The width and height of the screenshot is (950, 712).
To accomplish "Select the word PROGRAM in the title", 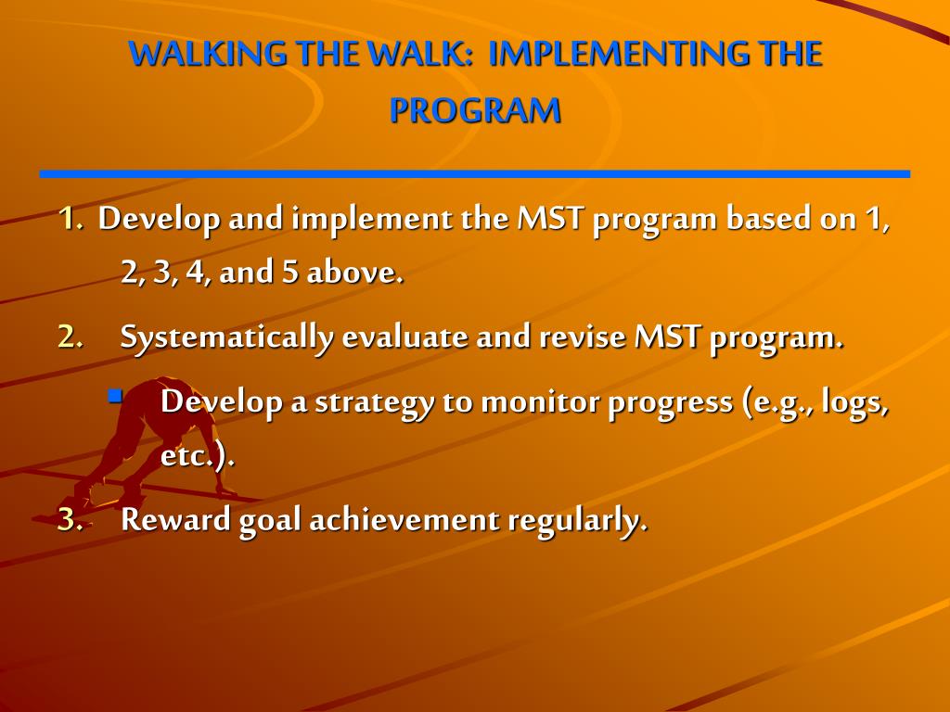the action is (x=475, y=111).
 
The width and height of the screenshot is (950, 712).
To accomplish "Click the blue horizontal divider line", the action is (x=475, y=174).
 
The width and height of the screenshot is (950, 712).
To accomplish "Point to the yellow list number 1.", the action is (x=71, y=219).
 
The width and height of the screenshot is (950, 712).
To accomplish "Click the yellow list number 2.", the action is (x=71, y=337).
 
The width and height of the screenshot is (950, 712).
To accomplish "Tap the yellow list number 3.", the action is (x=71, y=520).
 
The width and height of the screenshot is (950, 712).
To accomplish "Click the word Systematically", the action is (x=226, y=338).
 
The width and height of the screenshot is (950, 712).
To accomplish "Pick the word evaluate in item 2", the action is (x=404, y=337).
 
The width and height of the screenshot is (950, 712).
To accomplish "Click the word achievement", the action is (x=404, y=520).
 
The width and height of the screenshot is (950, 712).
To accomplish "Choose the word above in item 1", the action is (x=354, y=273).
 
